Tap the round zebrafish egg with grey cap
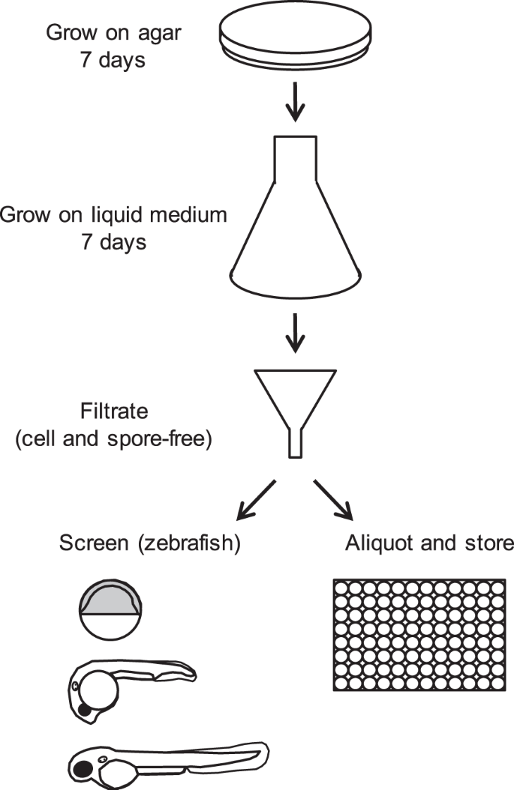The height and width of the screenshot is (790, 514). coord(110,608)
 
